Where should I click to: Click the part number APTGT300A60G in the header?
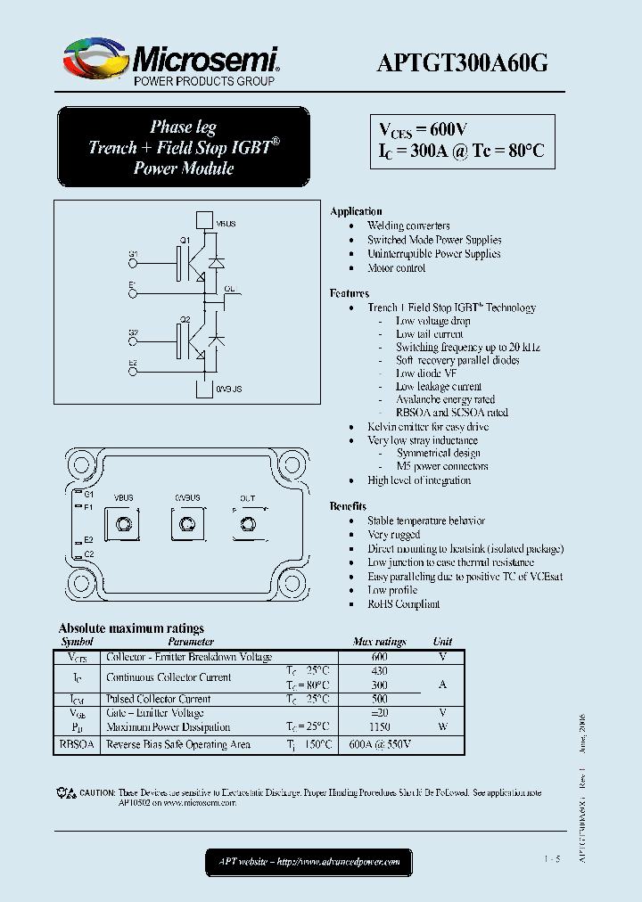pyautogui.click(x=463, y=62)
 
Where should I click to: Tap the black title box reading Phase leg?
pyautogui.click(x=184, y=147)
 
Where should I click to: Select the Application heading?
pyautogui.click(x=356, y=211)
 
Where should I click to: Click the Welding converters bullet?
pyautogui.click(x=408, y=226)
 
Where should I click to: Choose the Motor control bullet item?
pyautogui.click(x=397, y=268)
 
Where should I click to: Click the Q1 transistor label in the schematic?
pyautogui.click(x=185, y=242)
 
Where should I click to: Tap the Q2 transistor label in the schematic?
pyautogui.click(x=185, y=318)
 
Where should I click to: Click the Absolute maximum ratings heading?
pyautogui.click(x=131, y=628)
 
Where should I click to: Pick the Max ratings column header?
pyautogui.click(x=379, y=642)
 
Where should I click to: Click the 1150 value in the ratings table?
pyautogui.click(x=380, y=727)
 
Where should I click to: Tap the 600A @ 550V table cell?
pyautogui.click(x=380, y=744)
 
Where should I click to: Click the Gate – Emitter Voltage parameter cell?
pyautogui.click(x=155, y=713)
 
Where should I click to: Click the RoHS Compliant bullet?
pyautogui.click(x=403, y=604)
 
